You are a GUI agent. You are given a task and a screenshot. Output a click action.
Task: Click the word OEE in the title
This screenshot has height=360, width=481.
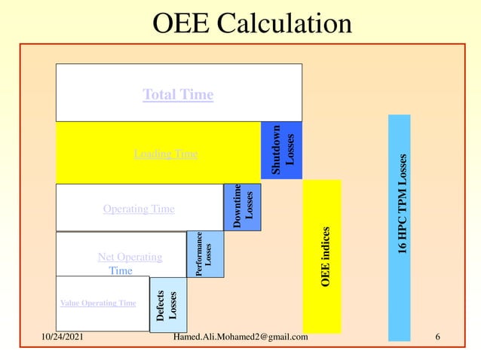pos(182,24)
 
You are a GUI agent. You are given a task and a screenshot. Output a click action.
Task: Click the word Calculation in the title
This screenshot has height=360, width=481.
pos(285,24)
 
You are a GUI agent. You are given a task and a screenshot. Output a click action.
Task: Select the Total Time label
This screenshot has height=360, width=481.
pos(178,95)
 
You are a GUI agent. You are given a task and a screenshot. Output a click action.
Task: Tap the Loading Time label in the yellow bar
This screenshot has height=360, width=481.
pos(166,154)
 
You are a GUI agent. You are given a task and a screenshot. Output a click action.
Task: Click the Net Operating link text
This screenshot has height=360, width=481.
pos(130,257)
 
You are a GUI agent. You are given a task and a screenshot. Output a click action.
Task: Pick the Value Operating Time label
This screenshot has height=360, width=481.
pos(98,303)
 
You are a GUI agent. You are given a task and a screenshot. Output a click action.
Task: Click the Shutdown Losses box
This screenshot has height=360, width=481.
pos(282,151)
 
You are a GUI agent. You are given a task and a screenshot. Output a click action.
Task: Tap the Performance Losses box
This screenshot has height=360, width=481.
pos(204,254)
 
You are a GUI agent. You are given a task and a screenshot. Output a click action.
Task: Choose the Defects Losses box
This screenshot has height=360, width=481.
pos(167,305)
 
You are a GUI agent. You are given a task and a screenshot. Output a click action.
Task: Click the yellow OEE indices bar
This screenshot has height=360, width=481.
pos(323,256)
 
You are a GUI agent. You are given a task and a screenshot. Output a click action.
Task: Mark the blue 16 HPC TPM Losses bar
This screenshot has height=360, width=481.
pos(400,226)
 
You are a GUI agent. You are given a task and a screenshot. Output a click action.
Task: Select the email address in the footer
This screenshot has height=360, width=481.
pos(240,337)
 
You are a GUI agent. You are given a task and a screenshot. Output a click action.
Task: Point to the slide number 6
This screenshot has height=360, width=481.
pos(437,337)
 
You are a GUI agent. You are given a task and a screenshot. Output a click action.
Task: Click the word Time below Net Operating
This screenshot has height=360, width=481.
pos(121,270)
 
